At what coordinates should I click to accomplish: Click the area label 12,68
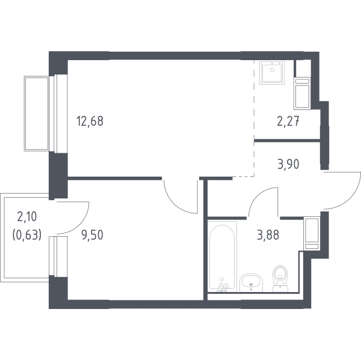coord(90,121)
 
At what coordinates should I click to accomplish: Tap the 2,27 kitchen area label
coord(288,121)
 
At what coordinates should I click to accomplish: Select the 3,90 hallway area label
coord(288,164)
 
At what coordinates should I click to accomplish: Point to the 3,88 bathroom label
coord(268,235)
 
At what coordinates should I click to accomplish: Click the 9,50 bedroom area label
coord(92,235)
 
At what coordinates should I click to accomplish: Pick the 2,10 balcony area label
coord(27,217)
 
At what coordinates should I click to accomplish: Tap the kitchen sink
coord(272,72)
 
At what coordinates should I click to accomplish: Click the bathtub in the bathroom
coord(222,257)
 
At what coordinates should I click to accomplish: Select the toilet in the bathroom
coord(280,279)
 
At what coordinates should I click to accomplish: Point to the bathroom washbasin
coord(251,282)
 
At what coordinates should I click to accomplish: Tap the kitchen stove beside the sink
coord(302,93)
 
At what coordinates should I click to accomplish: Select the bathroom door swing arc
coord(257,195)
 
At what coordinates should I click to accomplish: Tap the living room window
coord(58,114)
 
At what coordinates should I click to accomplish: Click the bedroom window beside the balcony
coord(58,257)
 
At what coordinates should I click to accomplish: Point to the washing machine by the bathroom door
coord(312,233)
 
